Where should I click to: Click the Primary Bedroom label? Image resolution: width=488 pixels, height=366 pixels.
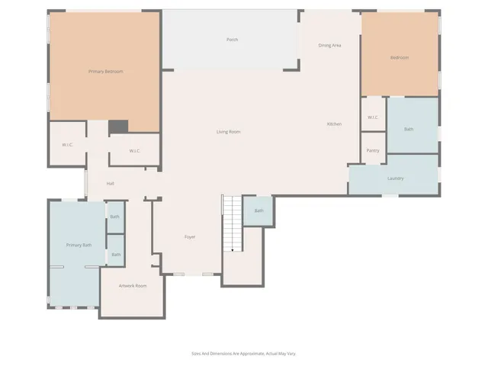(x=105, y=71)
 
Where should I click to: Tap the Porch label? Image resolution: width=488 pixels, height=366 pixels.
(x=232, y=40)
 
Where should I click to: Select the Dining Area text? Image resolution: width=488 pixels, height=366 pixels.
(x=329, y=46)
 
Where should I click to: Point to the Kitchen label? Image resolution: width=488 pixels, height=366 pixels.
(x=334, y=124)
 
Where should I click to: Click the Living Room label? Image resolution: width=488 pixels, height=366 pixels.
(x=228, y=132)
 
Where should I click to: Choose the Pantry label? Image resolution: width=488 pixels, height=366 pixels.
(x=373, y=150)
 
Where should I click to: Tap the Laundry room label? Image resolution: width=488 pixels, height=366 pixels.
(x=395, y=178)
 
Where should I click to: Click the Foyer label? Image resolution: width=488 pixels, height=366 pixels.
(x=190, y=237)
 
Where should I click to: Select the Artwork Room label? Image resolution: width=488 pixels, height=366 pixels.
(x=132, y=286)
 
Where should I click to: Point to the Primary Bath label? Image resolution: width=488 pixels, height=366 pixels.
(x=79, y=245)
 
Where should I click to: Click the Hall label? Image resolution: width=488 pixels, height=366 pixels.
(x=111, y=184)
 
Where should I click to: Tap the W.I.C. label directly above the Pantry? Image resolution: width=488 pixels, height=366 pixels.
(x=373, y=117)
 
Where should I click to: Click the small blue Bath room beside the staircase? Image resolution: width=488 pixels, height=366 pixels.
(x=258, y=211)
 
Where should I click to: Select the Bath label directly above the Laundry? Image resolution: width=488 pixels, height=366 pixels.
(x=409, y=130)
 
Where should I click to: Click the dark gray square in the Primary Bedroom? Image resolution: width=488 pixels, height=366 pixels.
(x=117, y=127)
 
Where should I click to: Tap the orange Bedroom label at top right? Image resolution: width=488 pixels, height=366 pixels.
(x=400, y=58)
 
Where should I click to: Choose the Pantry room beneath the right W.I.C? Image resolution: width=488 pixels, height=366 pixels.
(x=373, y=147)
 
